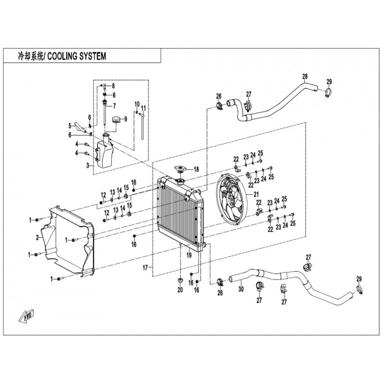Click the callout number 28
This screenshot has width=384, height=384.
click(304, 76)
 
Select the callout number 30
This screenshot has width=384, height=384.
click(241, 289)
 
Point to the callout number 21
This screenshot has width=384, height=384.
click(256, 194)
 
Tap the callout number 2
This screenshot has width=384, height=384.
click(37, 237)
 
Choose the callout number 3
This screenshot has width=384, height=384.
click(88, 165)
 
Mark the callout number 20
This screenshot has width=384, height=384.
click(180, 290)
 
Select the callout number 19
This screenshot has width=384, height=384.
click(189, 256)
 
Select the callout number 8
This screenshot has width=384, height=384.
click(113, 86)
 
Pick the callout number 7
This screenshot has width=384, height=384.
click(114, 106)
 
